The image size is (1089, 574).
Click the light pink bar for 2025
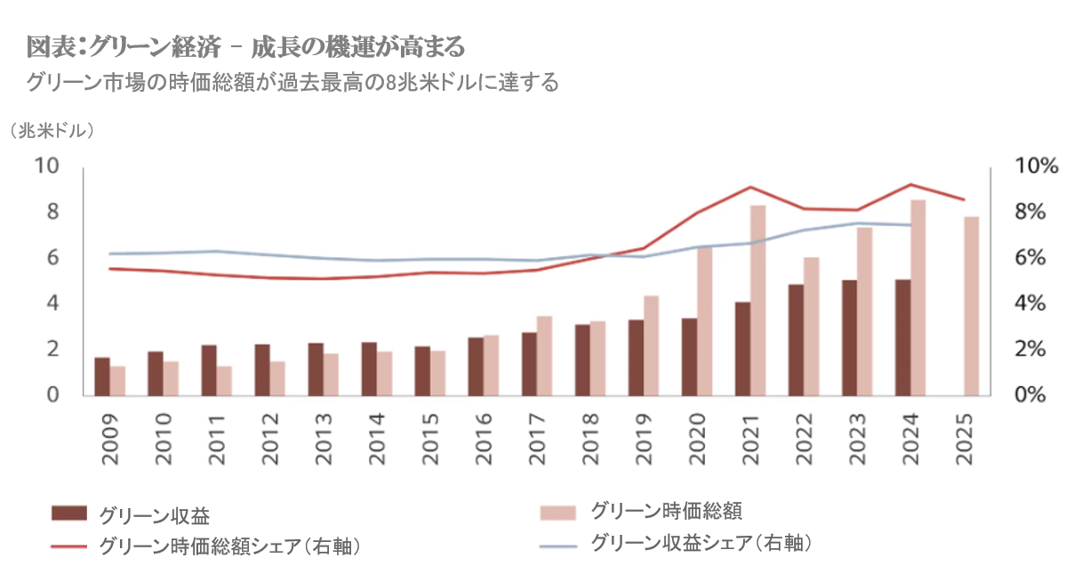pos(972,305)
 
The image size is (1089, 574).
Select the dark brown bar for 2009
pos(102,376)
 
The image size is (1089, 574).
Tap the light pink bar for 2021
pos(757,300)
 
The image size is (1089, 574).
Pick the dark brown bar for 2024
pos(902,337)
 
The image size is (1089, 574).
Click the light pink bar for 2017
pos(544,355)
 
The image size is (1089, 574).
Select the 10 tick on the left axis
pos(46,166)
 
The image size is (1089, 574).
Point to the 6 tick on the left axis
pos(52,258)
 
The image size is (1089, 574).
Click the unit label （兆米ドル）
pos(53,131)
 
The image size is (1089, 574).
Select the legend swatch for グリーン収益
pos(69,513)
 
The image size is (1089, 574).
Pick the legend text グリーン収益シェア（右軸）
pos(702,542)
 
